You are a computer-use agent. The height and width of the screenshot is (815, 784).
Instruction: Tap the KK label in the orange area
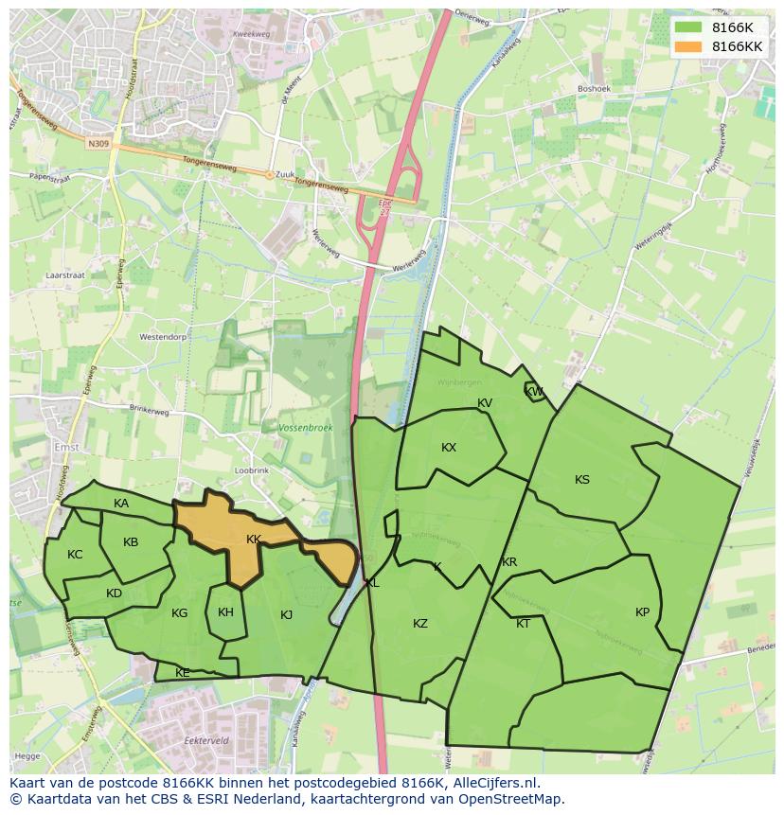254,540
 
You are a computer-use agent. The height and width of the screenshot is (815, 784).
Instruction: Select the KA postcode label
121,504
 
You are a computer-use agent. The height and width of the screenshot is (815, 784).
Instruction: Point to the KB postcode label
131,542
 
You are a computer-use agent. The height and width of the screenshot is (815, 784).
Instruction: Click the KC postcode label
76,555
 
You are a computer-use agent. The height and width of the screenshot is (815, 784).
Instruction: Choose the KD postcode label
114,594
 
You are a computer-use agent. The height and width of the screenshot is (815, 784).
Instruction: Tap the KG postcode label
180,613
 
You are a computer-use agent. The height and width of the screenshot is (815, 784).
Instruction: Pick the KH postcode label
225,612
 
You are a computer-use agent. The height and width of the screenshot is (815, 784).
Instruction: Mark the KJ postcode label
287,615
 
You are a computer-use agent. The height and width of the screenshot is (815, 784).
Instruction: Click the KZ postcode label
420,623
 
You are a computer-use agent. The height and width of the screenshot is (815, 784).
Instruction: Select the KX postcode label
449,448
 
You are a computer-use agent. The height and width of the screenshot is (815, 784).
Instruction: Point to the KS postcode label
582,480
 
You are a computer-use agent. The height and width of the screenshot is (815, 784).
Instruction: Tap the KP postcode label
643,612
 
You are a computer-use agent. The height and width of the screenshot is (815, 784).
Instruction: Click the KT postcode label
524,623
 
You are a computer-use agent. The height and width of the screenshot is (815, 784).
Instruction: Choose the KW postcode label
534,392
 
